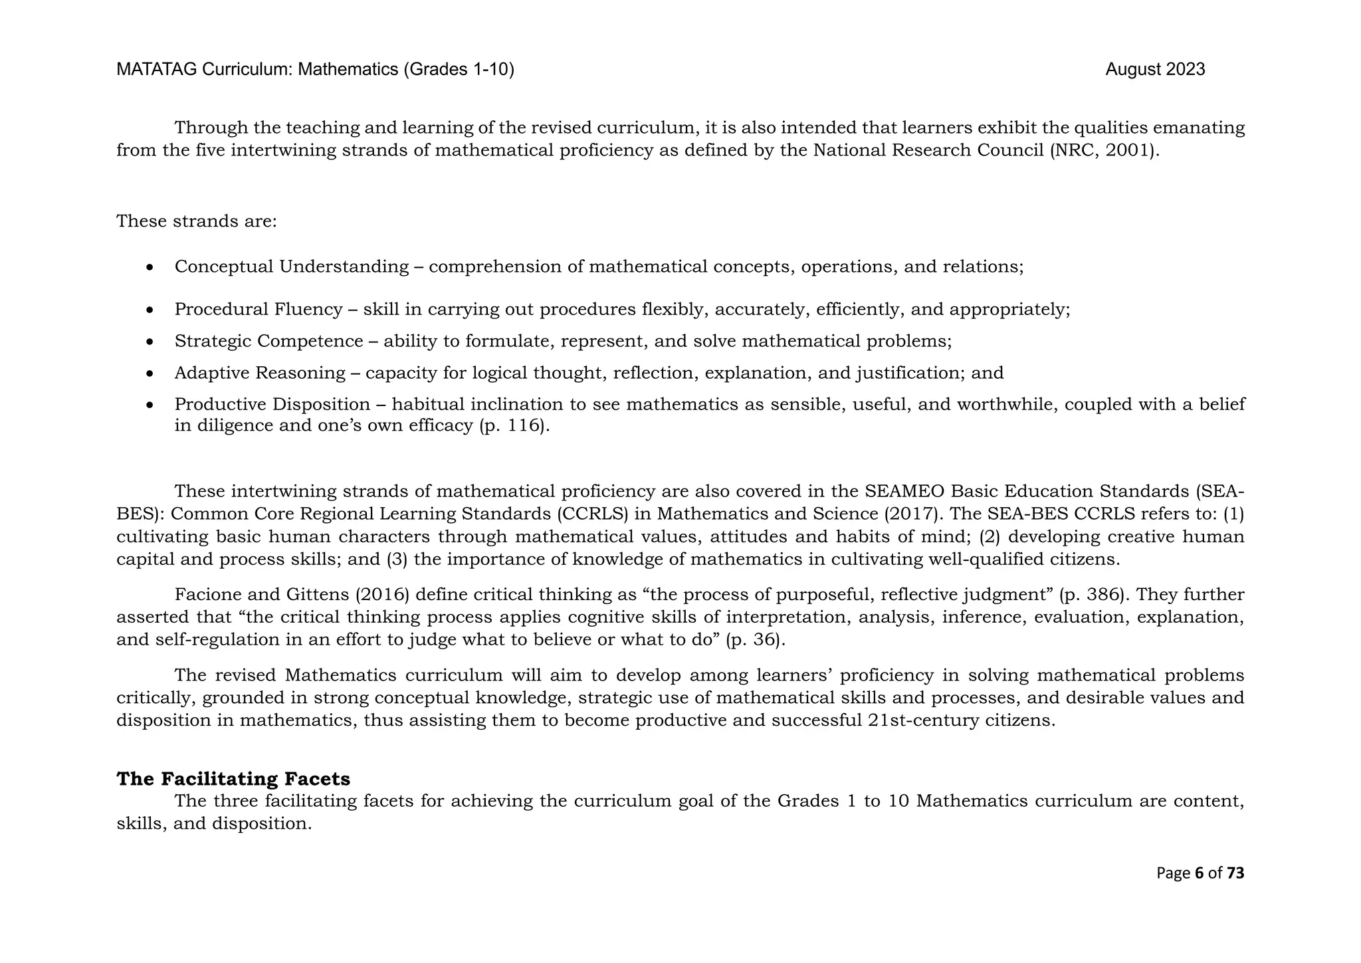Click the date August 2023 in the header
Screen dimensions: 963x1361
pyautogui.click(x=1155, y=70)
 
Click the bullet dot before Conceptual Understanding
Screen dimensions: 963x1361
pyautogui.click(x=151, y=268)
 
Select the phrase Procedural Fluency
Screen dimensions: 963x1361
pyautogui.click(x=258, y=310)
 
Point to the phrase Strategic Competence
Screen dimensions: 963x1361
pyautogui.click(x=268, y=342)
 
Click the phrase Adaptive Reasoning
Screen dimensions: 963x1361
pyautogui.click(x=260, y=374)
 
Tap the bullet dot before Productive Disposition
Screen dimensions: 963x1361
pyautogui.click(x=151, y=405)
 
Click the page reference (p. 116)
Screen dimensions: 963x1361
pyautogui.click(x=514, y=426)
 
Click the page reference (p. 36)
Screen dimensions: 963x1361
pyautogui.click(x=756, y=640)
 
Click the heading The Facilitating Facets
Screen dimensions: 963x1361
pyautogui.click(x=233, y=779)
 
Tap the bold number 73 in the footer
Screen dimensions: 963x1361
pyautogui.click(x=1235, y=873)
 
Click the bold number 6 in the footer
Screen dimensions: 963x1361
pyautogui.click(x=1199, y=873)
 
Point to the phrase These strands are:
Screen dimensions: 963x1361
pyautogui.click(x=196, y=221)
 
